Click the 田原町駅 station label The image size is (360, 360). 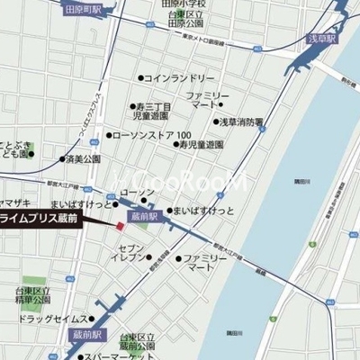click(x=84, y=11)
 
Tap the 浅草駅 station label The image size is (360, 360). click(x=321, y=39)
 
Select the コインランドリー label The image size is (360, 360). click(x=180, y=78)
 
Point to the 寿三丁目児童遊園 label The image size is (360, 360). click(x=148, y=111)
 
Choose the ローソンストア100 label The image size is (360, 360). click(x=149, y=136)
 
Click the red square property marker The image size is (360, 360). click(x=119, y=224)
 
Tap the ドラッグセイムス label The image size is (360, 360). click(x=52, y=319)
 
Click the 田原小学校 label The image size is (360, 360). click(x=184, y=4)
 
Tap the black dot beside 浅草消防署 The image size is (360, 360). click(x=217, y=121)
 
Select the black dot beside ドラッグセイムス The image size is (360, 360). click(x=92, y=319)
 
